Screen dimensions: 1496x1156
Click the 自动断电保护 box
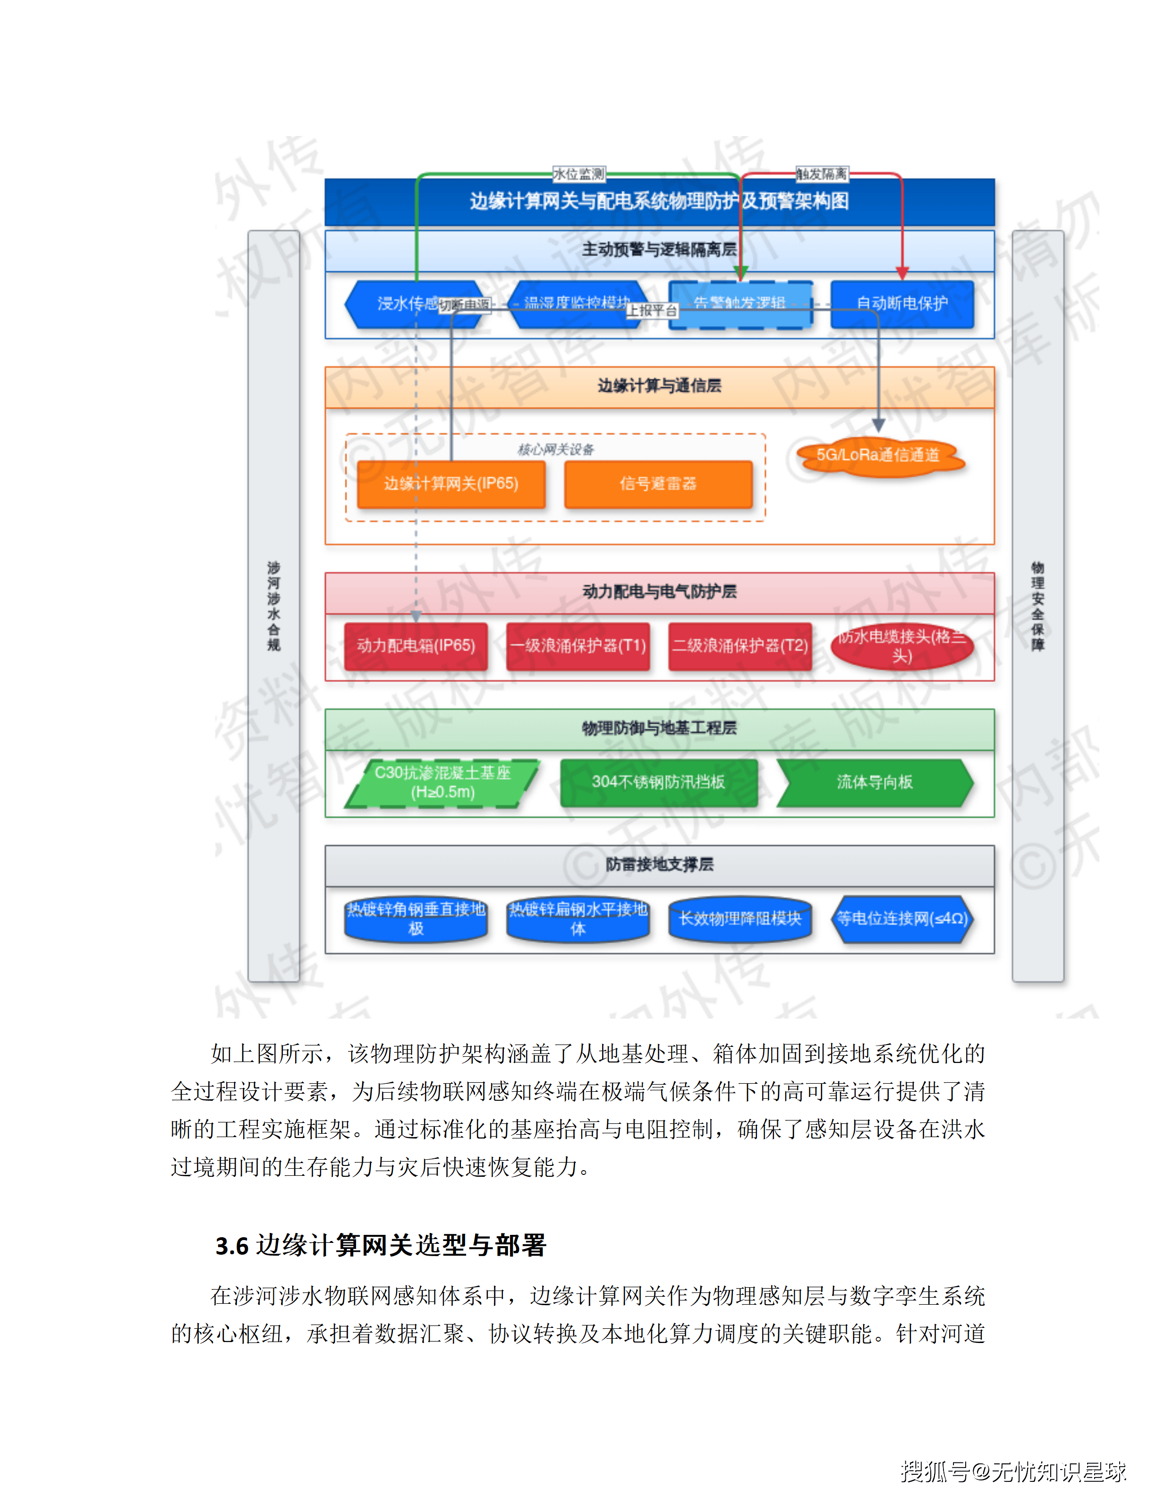tap(902, 304)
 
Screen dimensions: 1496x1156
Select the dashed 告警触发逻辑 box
tap(740, 304)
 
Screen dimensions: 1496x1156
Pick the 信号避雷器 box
tap(658, 484)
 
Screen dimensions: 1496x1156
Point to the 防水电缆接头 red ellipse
tap(902, 646)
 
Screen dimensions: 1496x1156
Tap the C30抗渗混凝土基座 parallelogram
tap(442, 782)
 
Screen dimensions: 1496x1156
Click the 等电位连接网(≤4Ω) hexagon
tap(902, 918)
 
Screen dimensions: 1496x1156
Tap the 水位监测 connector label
tap(578, 174)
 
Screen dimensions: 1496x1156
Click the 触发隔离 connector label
tap(821, 174)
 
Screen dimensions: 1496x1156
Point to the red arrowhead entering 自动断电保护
tap(902, 273)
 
